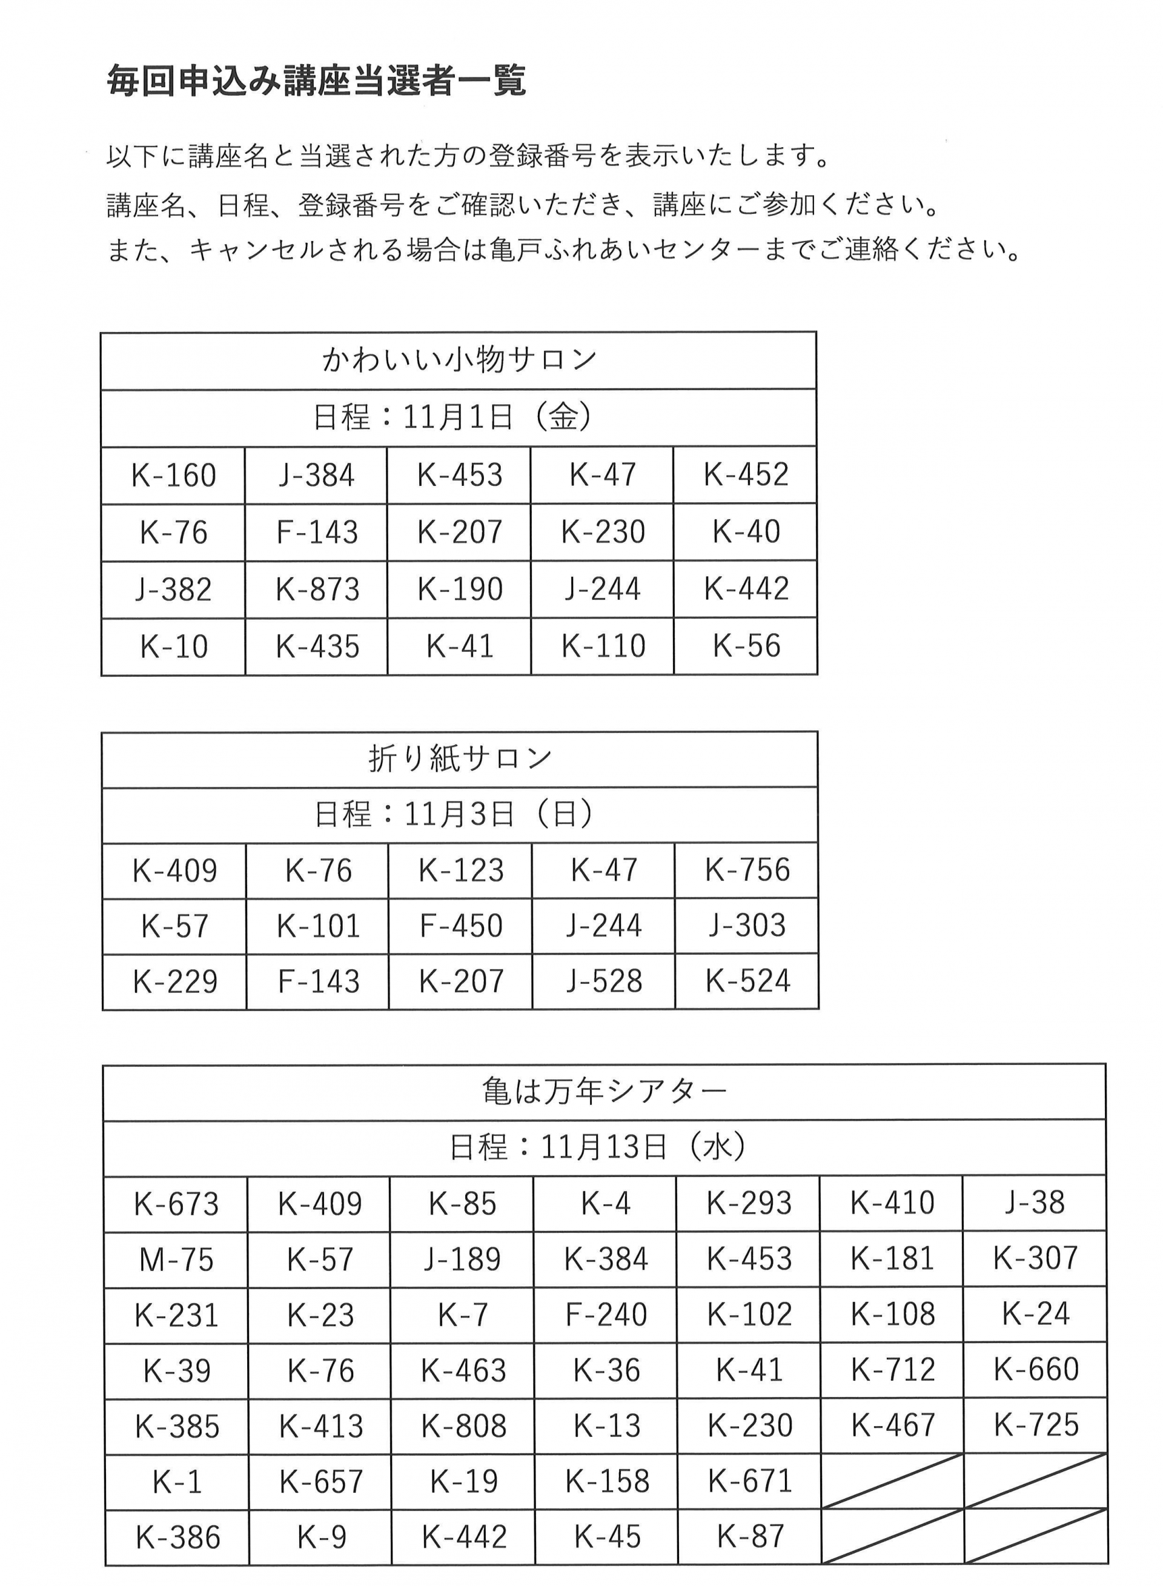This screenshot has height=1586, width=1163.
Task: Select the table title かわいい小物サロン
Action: [x=459, y=360]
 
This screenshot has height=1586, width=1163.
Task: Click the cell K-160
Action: [x=173, y=475]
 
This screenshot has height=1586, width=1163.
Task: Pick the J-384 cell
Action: [x=316, y=475]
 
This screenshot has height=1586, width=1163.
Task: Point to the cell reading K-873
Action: [x=317, y=589]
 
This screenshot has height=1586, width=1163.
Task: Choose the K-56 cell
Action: [x=746, y=646]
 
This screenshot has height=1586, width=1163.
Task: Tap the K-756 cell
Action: [x=747, y=870]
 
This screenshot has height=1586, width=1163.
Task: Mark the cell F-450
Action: [x=460, y=926]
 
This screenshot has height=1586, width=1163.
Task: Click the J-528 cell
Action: [x=604, y=981]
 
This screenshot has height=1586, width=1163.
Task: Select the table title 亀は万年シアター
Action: [x=604, y=1092]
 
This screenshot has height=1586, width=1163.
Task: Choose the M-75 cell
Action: [x=176, y=1260]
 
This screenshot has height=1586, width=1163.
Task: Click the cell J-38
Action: [x=1034, y=1203]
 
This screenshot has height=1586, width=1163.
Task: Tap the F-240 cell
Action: [x=606, y=1315]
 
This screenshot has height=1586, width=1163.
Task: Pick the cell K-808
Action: [x=463, y=1427]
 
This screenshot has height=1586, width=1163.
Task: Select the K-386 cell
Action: [x=177, y=1538]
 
